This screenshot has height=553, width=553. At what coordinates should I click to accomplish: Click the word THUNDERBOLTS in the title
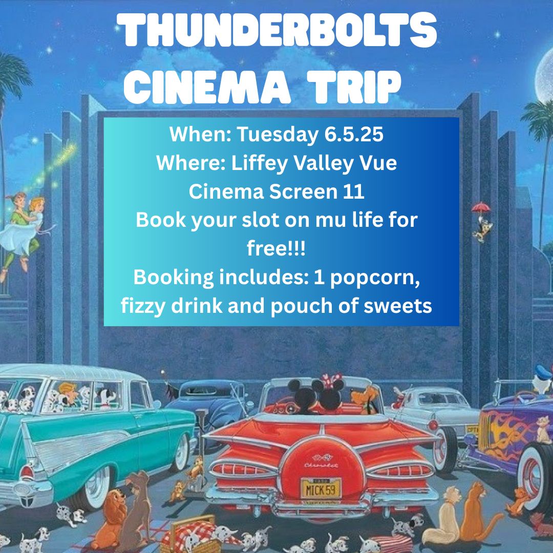[277, 30]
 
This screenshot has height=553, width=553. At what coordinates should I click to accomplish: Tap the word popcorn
[375, 278]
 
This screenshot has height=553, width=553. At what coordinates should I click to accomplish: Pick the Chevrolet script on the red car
[321, 465]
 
